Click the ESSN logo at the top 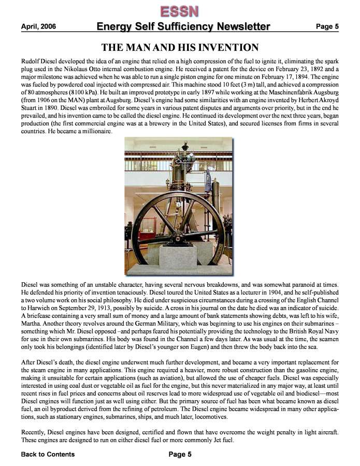pos(180,11)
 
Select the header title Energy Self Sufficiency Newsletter pos(183,27)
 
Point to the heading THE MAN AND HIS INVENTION pos(180,48)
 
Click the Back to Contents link pos(48,455)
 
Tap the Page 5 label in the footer pos(180,455)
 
